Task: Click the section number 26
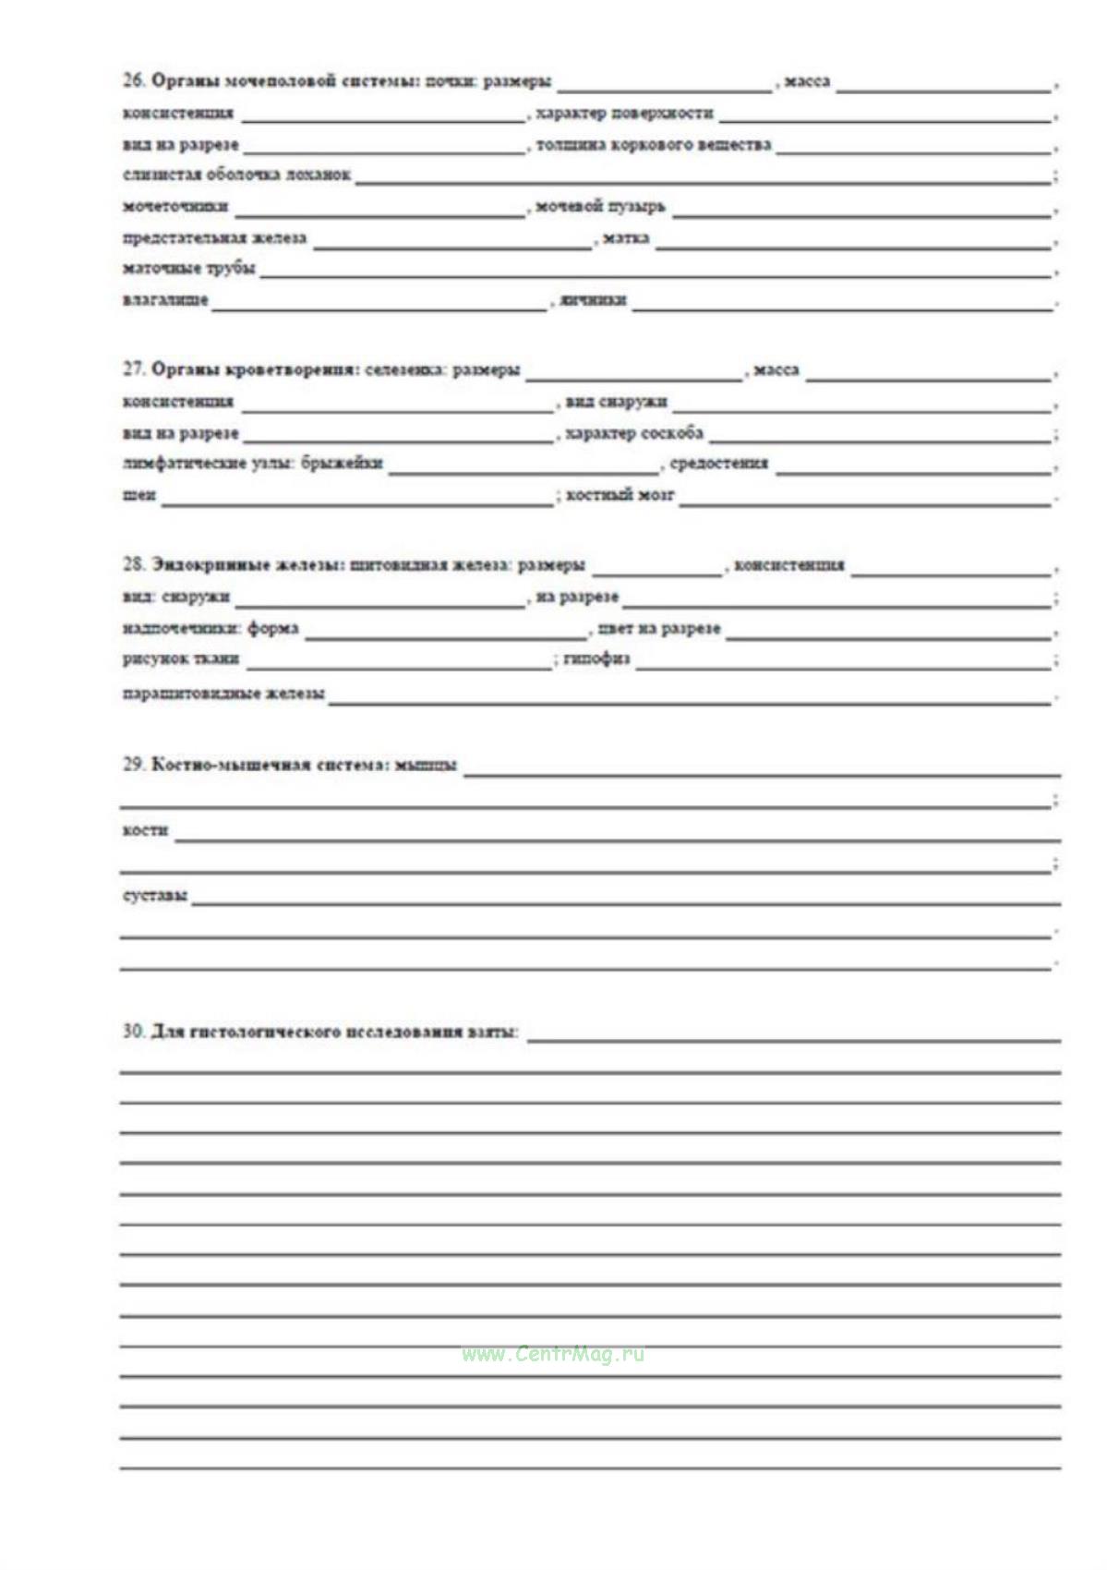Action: [x=133, y=80]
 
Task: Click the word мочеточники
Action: [x=175, y=206]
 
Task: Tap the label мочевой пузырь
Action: [x=599, y=206]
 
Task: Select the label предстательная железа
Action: [x=214, y=237]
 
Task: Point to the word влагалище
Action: [x=165, y=299]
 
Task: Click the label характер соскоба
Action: [x=633, y=432]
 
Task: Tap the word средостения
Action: [x=718, y=463]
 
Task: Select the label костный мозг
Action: [x=620, y=495]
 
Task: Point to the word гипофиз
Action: [x=596, y=658]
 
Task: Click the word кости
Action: [x=145, y=829]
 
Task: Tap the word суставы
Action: [x=155, y=895]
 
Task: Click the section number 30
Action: [x=133, y=1031]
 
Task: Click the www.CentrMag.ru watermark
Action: [x=553, y=1354]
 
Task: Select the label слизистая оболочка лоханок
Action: [x=236, y=175]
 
